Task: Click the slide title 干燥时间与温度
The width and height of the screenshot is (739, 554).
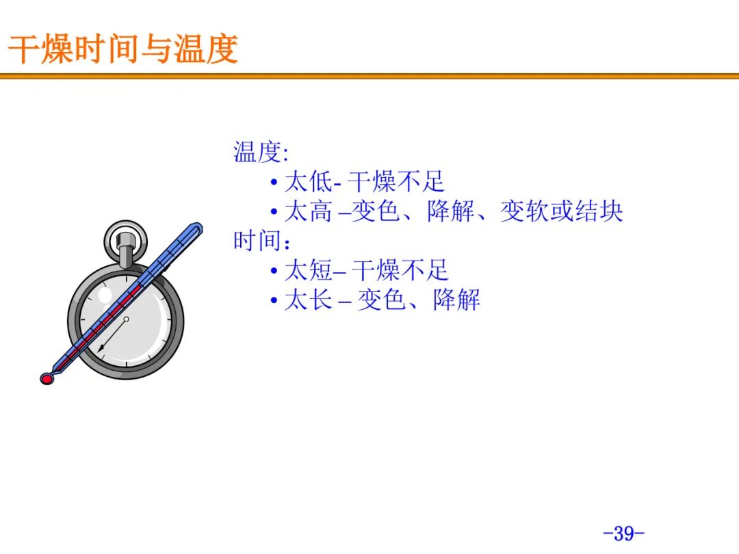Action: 123,49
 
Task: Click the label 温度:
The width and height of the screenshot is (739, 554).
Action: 261,152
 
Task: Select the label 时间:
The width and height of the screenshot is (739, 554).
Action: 261,241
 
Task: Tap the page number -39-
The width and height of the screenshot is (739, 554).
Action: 623,533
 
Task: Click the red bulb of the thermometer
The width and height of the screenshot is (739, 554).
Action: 47,378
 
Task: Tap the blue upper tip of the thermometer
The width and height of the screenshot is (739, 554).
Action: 197,228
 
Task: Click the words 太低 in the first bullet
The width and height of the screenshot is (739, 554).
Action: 308,182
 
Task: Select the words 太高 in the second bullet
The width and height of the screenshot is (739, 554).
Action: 308,211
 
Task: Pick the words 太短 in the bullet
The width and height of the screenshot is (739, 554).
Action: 308,270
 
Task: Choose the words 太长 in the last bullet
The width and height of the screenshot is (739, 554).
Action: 308,300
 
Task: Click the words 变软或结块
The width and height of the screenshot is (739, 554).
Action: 561,211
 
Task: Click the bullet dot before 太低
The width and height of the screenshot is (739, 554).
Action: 274,183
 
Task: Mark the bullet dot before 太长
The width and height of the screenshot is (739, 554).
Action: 274,300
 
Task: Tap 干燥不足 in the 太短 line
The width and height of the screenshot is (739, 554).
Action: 400,270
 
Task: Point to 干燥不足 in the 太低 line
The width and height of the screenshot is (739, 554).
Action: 396,182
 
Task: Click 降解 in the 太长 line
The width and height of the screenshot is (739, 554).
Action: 456,300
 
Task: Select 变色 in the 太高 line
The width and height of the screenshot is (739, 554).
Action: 376,211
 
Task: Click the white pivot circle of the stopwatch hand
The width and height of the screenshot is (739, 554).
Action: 126,319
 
